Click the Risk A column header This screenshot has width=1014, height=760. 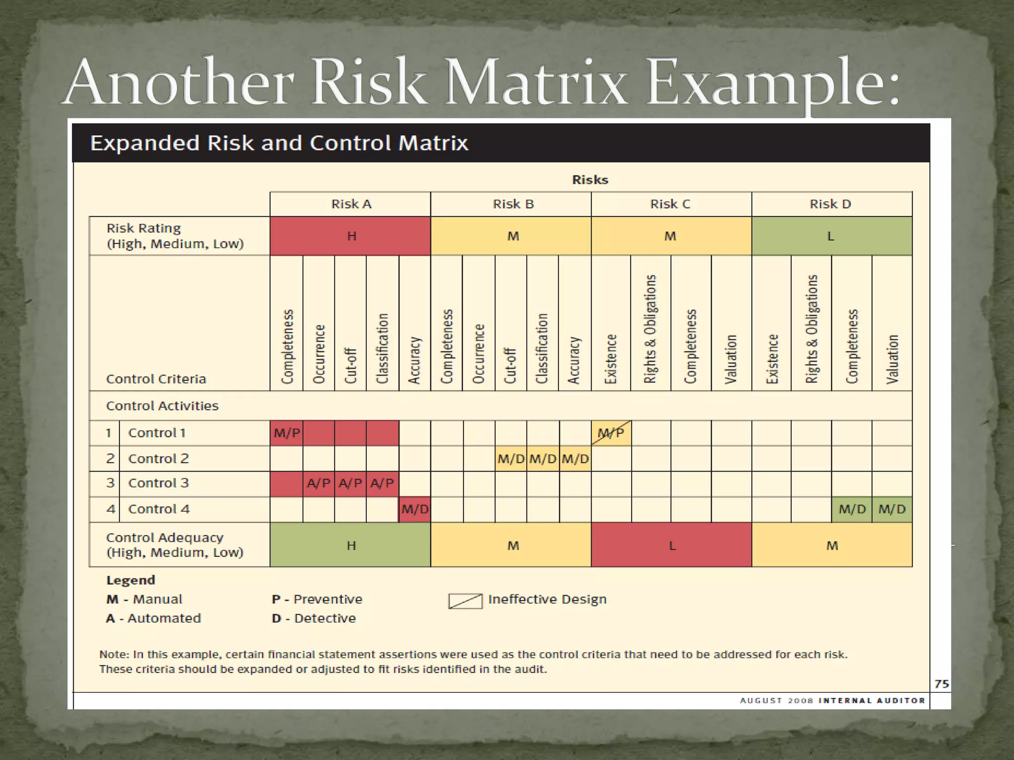pos(351,204)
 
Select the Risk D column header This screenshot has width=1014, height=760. pos(830,204)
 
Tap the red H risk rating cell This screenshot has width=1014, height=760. pos(351,236)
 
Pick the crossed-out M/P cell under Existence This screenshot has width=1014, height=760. pos(611,433)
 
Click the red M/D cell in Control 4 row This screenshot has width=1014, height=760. pos(415,509)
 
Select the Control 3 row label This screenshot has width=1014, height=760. pos(158,483)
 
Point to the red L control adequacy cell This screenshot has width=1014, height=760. pos(671,545)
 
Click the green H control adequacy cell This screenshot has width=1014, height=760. pos(351,545)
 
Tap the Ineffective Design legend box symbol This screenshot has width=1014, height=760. pos(465,601)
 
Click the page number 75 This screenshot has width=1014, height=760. pos(941,684)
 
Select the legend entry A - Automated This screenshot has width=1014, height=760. pos(153,618)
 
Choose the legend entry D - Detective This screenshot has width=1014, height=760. pos(314,618)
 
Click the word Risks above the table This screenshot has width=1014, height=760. pos(590,180)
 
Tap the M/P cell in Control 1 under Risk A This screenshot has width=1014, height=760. pos(287,433)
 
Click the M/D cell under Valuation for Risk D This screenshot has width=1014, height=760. pos(892,509)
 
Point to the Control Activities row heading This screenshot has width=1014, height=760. pos(162,406)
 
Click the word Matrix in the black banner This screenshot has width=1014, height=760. pos(433,143)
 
